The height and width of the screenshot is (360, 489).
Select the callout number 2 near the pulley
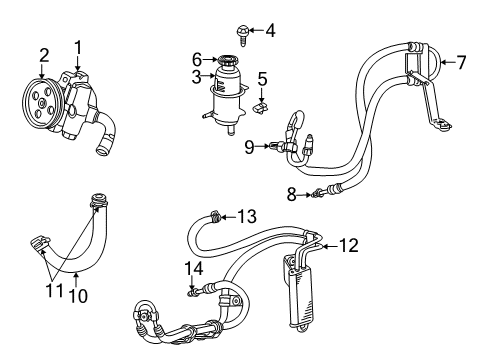tap(43, 54)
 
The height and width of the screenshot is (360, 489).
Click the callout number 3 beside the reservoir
tap(198, 76)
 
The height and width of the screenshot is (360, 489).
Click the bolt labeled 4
tap(242, 31)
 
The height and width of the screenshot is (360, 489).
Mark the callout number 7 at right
tap(461, 63)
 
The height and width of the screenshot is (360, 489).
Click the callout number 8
tap(291, 195)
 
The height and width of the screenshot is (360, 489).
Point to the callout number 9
tap(249, 147)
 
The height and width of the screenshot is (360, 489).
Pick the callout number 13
tap(246, 215)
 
